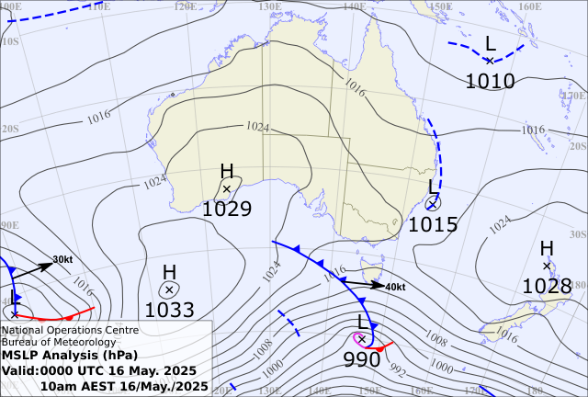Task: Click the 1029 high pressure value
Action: pyautogui.click(x=227, y=209)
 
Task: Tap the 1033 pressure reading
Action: pyautogui.click(x=169, y=310)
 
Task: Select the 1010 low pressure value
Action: pyautogui.click(x=490, y=81)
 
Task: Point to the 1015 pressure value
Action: pyautogui.click(x=433, y=223)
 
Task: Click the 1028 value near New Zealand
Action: pyautogui.click(x=547, y=286)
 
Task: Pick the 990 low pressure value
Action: pyautogui.click(x=362, y=359)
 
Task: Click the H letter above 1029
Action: pyautogui.click(x=227, y=171)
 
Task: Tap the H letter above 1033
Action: pyautogui.click(x=169, y=272)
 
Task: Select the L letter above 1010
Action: pyautogui.click(x=490, y=43)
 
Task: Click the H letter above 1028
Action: pyautogui.click(x=547, y=248)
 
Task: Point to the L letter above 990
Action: pyautogui.click(x=362, y=322)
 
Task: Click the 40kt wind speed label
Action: pyautogui.click(x=395, y=287)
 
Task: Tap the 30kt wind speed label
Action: pyautogui.click(x=62, y=259)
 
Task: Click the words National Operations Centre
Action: pyautogui.click(x=70, y=329)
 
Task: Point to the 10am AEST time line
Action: pyautogui.click(x=124, y=386)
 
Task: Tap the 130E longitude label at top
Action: pyautogui.click(x=270, y=6)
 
